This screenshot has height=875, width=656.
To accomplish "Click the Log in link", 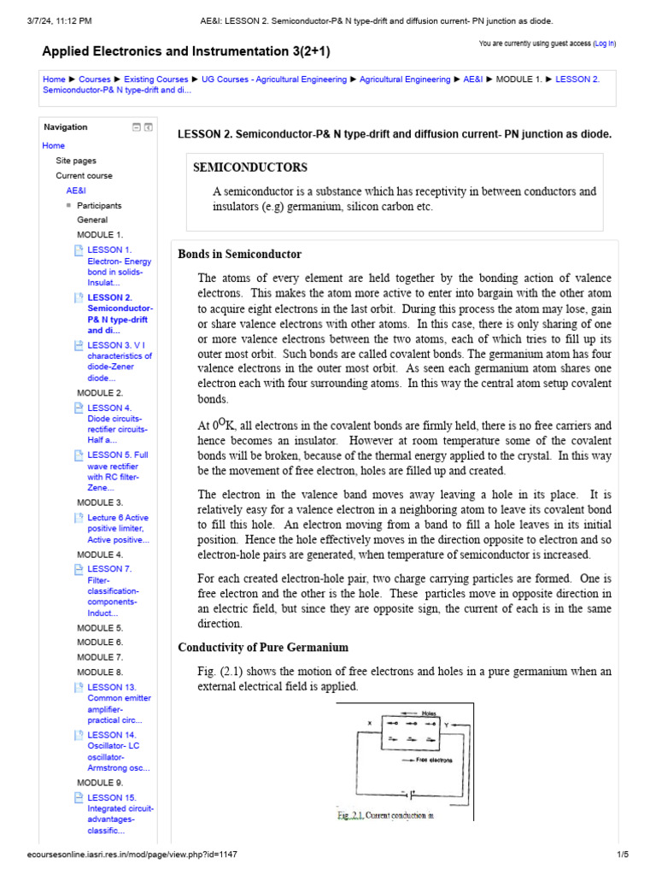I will (x=604, y=43).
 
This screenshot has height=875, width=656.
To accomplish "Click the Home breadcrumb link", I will (x=53, y=79).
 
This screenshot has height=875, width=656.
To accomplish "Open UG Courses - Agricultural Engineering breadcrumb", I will (x=274, y=79).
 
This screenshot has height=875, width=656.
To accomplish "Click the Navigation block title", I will (x=66, y=127).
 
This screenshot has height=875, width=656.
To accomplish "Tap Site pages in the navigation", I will (x=76, y=161).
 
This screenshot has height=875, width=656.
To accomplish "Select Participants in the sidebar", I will (x=99, y=206).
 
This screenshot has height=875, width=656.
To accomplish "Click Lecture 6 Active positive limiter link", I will (x=119, y=529).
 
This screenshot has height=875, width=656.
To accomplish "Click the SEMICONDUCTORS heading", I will (x=250, y=167).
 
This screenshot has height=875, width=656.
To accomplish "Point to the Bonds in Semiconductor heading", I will (x=239, y=255).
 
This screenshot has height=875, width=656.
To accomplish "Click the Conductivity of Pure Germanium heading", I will (x=262, y=647).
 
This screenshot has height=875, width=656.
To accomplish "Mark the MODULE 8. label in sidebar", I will (x=100, y=672).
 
